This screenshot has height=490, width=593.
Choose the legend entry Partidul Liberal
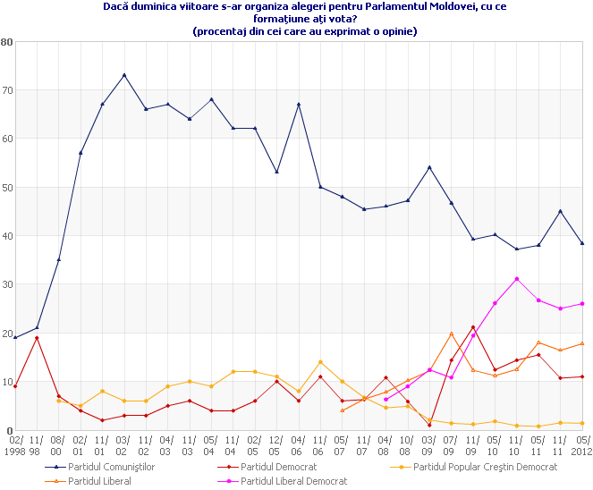100,481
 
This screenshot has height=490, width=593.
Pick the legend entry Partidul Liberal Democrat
293,481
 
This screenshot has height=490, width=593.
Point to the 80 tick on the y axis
7,42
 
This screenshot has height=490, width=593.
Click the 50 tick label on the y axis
7,188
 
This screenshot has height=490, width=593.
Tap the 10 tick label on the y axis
7,382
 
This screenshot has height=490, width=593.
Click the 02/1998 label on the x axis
15,444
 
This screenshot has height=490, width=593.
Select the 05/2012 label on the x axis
582,444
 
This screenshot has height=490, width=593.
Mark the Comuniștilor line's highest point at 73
124,75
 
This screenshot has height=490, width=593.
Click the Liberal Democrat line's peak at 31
517,279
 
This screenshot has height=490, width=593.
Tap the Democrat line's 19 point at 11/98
37,338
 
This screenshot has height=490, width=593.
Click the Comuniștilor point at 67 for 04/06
299,105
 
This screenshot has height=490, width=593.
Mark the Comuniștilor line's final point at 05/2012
582,243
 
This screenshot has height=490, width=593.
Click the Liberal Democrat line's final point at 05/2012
582,303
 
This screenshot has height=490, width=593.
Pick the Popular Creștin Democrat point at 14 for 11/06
320,362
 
